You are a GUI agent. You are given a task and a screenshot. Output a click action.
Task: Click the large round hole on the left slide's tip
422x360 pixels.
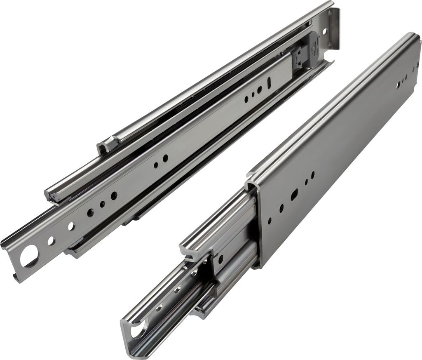[x=28, y=256]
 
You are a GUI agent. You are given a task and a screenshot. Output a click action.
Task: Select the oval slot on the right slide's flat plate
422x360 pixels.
[x=294, y=194]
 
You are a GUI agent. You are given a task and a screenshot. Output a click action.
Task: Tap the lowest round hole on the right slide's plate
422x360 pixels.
[x=270, y=221]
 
